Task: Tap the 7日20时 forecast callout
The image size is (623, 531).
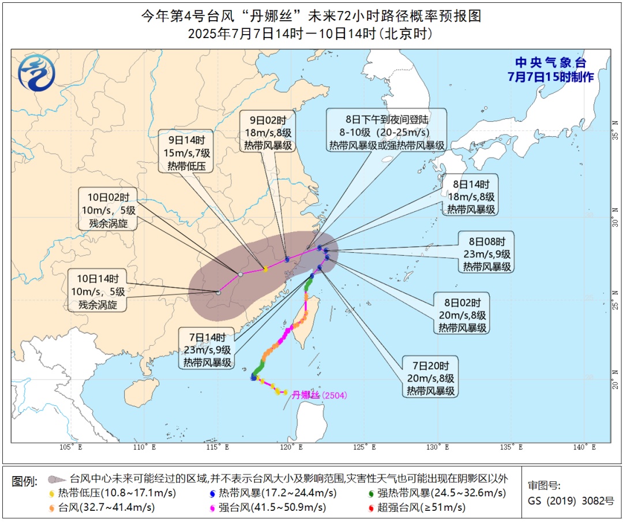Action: pyautogui.click(x=431, y=377)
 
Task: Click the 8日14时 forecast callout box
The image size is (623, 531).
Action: pyautogui.click(x=471, y=197)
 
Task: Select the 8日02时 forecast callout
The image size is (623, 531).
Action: pyautogui.click(x=463, y=315)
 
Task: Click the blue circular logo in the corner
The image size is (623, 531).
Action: pyautogui.click(x=37, y=73)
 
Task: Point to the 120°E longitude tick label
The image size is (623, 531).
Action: pyautogui.click(x=292, y=447)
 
